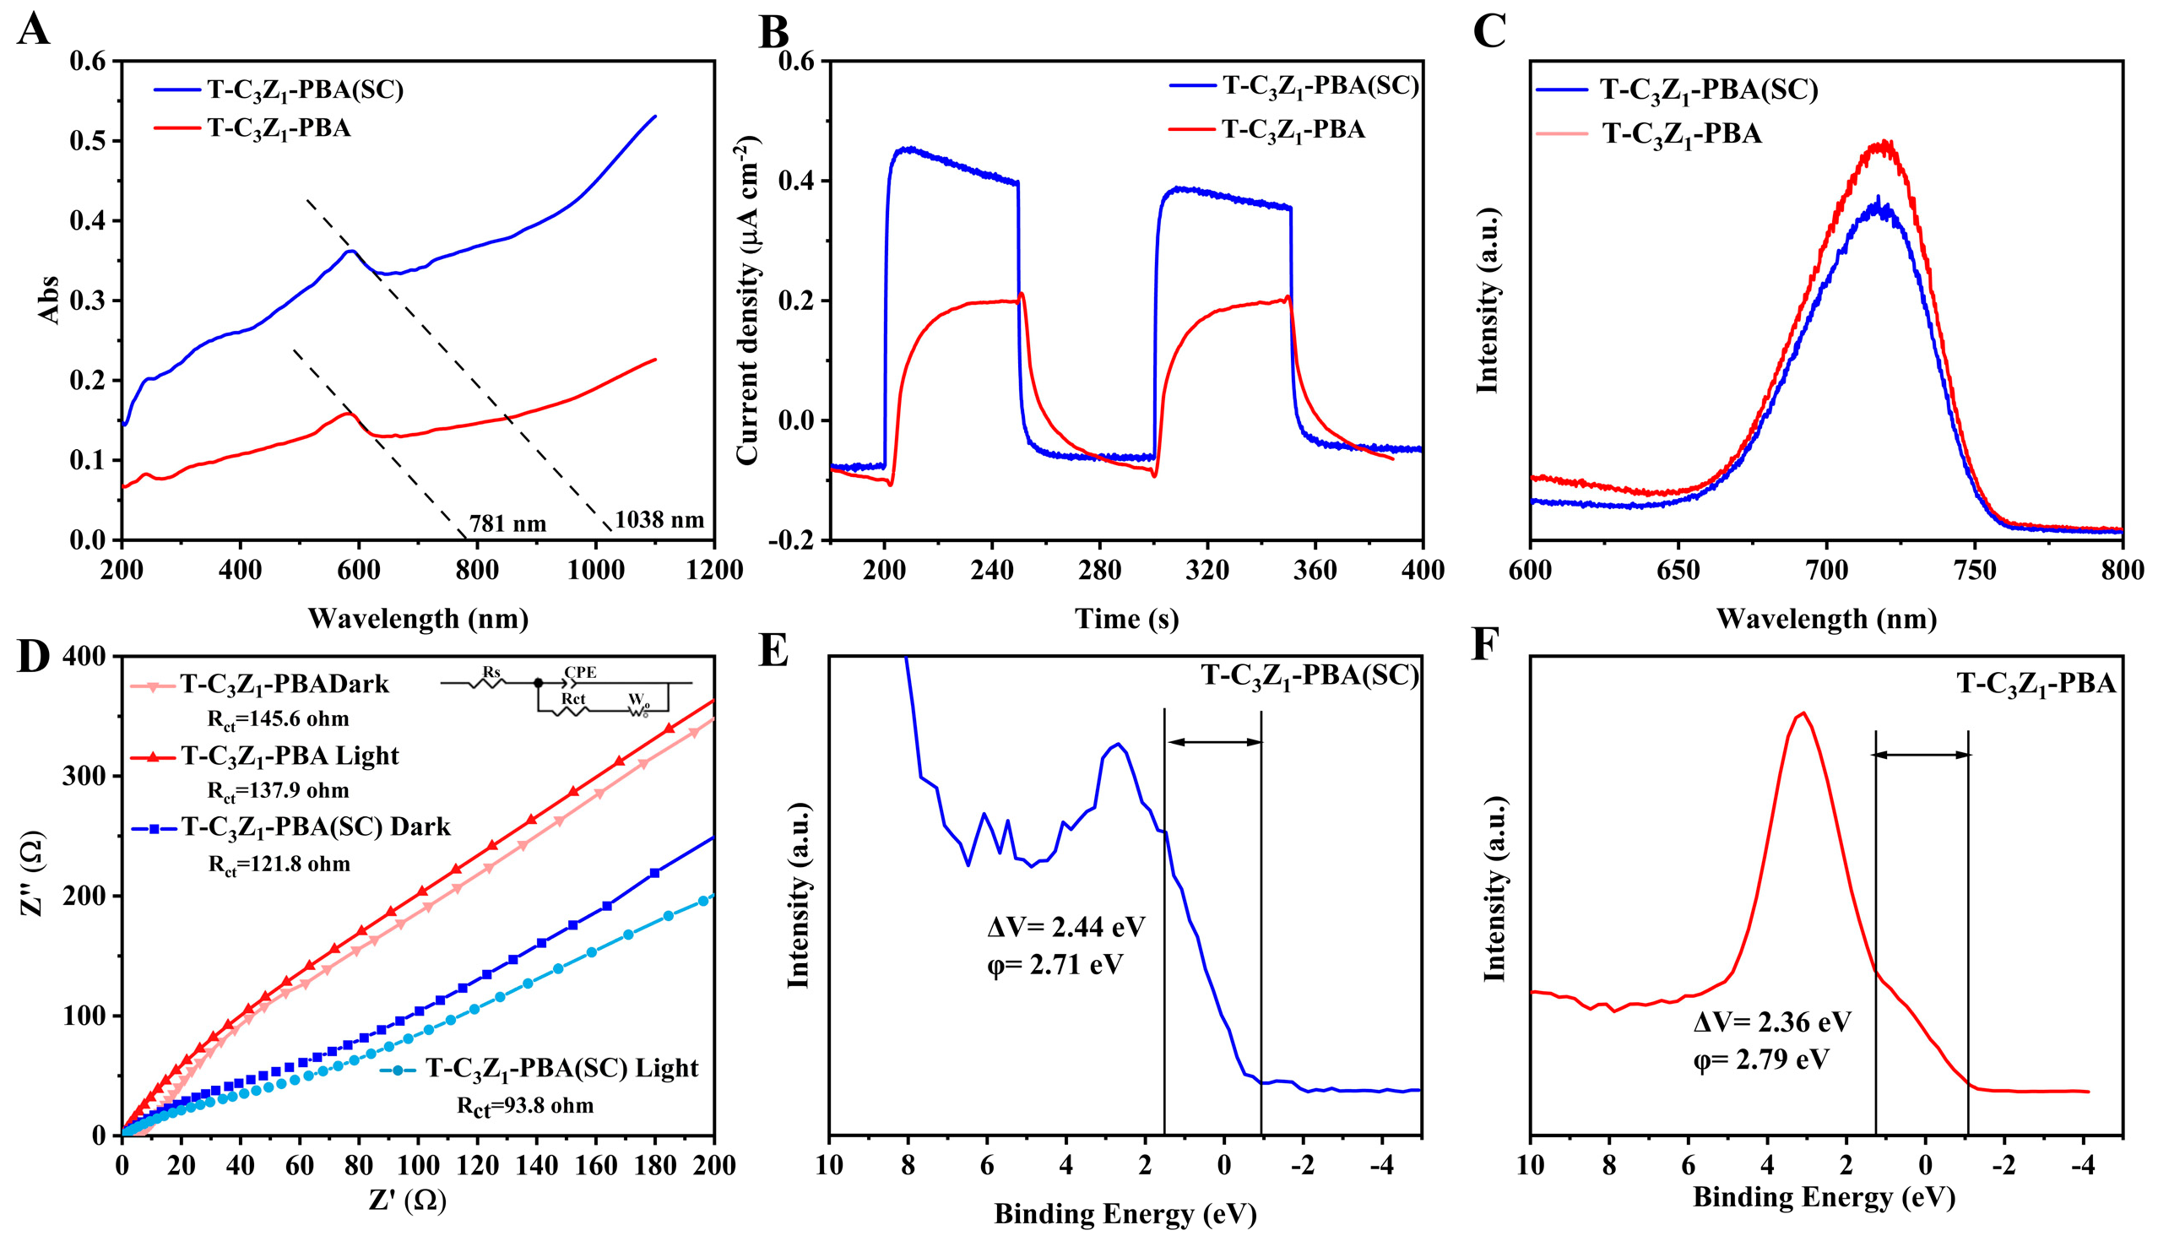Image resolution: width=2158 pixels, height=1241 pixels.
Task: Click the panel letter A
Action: (32, 30)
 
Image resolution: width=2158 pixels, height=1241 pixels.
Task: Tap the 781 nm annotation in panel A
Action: (507, 523)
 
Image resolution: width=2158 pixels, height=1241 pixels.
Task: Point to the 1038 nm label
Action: (659, 519)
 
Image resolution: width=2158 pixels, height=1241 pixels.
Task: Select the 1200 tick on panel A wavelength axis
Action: (714, 569)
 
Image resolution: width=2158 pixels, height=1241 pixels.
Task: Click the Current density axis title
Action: (747, 300)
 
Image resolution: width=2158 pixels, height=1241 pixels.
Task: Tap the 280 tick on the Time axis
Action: (1099, 569)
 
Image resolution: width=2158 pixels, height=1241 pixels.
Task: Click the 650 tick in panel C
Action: (1678, 569)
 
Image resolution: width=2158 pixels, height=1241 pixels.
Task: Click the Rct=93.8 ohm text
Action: (525, 1106)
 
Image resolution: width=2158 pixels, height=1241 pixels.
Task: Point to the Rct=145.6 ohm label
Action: (278, 718)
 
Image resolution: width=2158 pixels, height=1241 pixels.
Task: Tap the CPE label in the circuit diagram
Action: (580, 673)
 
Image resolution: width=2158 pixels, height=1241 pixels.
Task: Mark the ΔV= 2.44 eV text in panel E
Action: (1065, 926)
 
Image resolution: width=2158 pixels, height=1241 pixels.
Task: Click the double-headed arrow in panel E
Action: (1212, 741)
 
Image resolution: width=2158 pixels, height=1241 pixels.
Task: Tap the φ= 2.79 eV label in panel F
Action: (1761, 1059)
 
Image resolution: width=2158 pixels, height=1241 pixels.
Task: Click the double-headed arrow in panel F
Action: (1921, 755)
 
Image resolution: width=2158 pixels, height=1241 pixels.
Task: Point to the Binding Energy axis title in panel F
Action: (1824, 1198)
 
